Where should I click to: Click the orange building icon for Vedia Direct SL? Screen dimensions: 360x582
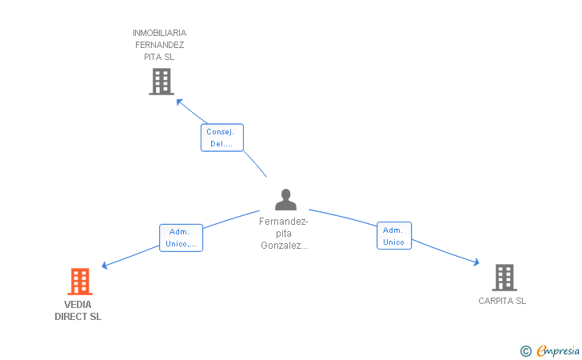(x=79, y=282)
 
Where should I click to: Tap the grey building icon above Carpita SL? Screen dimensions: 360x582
(x=504, y=278)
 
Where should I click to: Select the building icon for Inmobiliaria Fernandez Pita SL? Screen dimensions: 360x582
(x=161, y=82)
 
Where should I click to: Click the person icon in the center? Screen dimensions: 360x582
(x=285, y=199)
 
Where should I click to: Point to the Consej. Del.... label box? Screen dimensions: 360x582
(x=221, y=138)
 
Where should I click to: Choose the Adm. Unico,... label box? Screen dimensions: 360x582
(x=181, y=238)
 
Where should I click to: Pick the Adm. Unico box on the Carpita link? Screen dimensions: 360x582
(x=393, y=236)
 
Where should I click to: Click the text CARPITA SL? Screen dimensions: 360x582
(x=502, y=302)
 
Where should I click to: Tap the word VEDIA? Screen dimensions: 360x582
(x=78, y=305)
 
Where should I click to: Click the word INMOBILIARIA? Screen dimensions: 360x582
(x=160, y=33)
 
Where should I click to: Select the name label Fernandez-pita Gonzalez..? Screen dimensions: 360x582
(x=284, y=234)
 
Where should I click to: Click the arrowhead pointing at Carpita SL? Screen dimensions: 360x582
(x=476, y=262)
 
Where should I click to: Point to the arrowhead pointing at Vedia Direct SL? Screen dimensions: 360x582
(x=104, y=266)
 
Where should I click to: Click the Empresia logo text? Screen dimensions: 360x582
(x=558, y=350)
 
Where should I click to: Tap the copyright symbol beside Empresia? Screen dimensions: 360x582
(x=525, y=350)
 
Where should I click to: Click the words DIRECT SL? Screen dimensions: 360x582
(x=78, y=317)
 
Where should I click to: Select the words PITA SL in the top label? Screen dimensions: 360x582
(x=160, y=57)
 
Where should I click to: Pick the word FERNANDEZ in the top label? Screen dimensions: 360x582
(x=160, y=45)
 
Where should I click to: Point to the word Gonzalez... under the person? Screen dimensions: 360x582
(x=284, y=246)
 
